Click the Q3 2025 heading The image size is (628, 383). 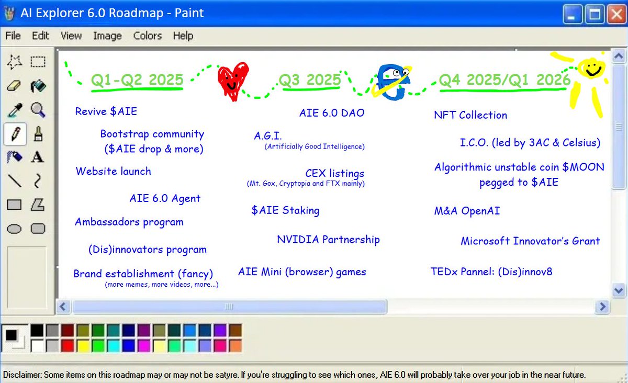(310, 81)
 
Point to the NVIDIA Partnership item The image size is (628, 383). (328, 240)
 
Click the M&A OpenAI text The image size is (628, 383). (467, 211)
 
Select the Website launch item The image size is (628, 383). (113, 172)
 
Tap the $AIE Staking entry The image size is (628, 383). (285, 210)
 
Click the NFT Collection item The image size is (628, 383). (470, 115)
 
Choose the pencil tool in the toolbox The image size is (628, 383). (15, 134)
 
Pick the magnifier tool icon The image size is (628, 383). (38, 110)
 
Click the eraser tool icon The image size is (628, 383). (15, 86)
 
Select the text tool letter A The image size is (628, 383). (37, 157)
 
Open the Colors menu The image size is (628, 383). (148, 36)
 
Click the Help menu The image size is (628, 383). (183, 36)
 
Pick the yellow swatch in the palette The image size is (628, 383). (82, 345)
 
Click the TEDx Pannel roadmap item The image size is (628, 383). (491, 272)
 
